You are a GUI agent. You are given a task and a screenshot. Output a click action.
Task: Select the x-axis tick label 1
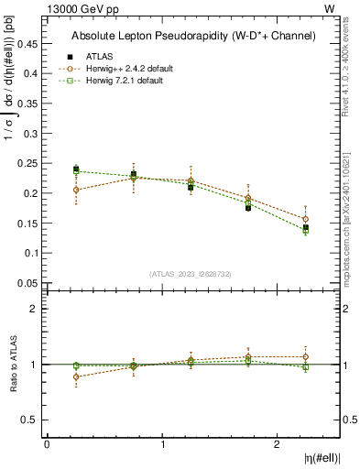pos(163,444)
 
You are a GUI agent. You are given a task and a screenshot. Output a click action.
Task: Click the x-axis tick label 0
pos(47,444)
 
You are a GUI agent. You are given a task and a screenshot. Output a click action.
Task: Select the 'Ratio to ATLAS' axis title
pos(11,364)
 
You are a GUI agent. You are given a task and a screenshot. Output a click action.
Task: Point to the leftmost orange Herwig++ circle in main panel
pos(76,191)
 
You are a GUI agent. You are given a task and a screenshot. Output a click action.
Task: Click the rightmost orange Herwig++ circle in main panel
pos(306,219)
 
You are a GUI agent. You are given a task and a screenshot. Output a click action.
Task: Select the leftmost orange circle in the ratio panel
pos(76,376)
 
